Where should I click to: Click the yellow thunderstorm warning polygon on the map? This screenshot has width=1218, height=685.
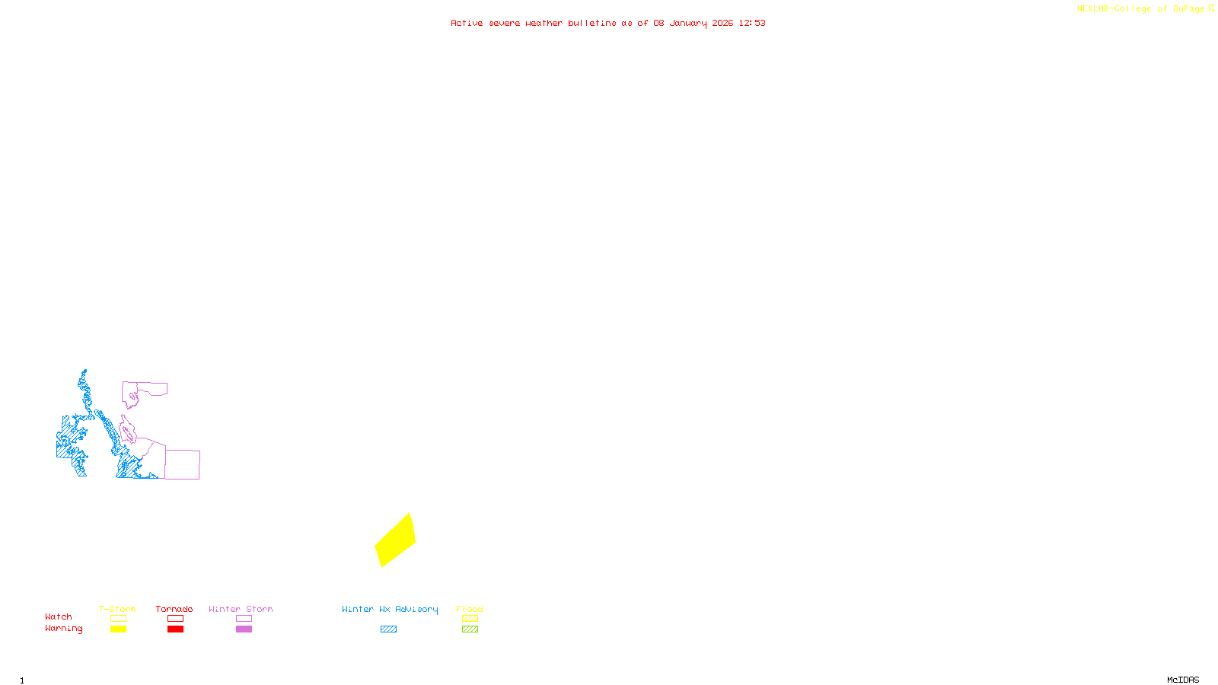395,540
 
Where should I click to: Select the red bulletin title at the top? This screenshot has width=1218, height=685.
607,23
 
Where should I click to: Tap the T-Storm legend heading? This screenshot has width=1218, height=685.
117,609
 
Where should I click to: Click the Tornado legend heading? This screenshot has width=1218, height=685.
174,609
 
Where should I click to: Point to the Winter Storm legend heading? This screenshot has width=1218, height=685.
241,609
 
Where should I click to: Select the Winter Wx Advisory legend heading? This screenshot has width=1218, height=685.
390,609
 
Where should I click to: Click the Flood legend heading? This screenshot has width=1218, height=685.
470,609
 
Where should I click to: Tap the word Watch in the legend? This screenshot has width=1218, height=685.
59,616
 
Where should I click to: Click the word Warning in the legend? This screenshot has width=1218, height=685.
63,629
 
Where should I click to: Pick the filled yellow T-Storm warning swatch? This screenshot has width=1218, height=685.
118,629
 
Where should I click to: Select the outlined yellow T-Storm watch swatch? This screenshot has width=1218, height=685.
118,619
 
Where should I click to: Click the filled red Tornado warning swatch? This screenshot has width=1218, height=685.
175,629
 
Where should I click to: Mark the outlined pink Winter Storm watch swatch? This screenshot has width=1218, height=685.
244,619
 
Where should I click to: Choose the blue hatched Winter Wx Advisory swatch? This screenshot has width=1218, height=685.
388,629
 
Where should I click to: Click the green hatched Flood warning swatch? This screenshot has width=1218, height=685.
470,629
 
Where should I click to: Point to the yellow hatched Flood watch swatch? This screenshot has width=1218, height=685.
470,619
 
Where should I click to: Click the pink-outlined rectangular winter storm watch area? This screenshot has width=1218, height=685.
183,464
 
